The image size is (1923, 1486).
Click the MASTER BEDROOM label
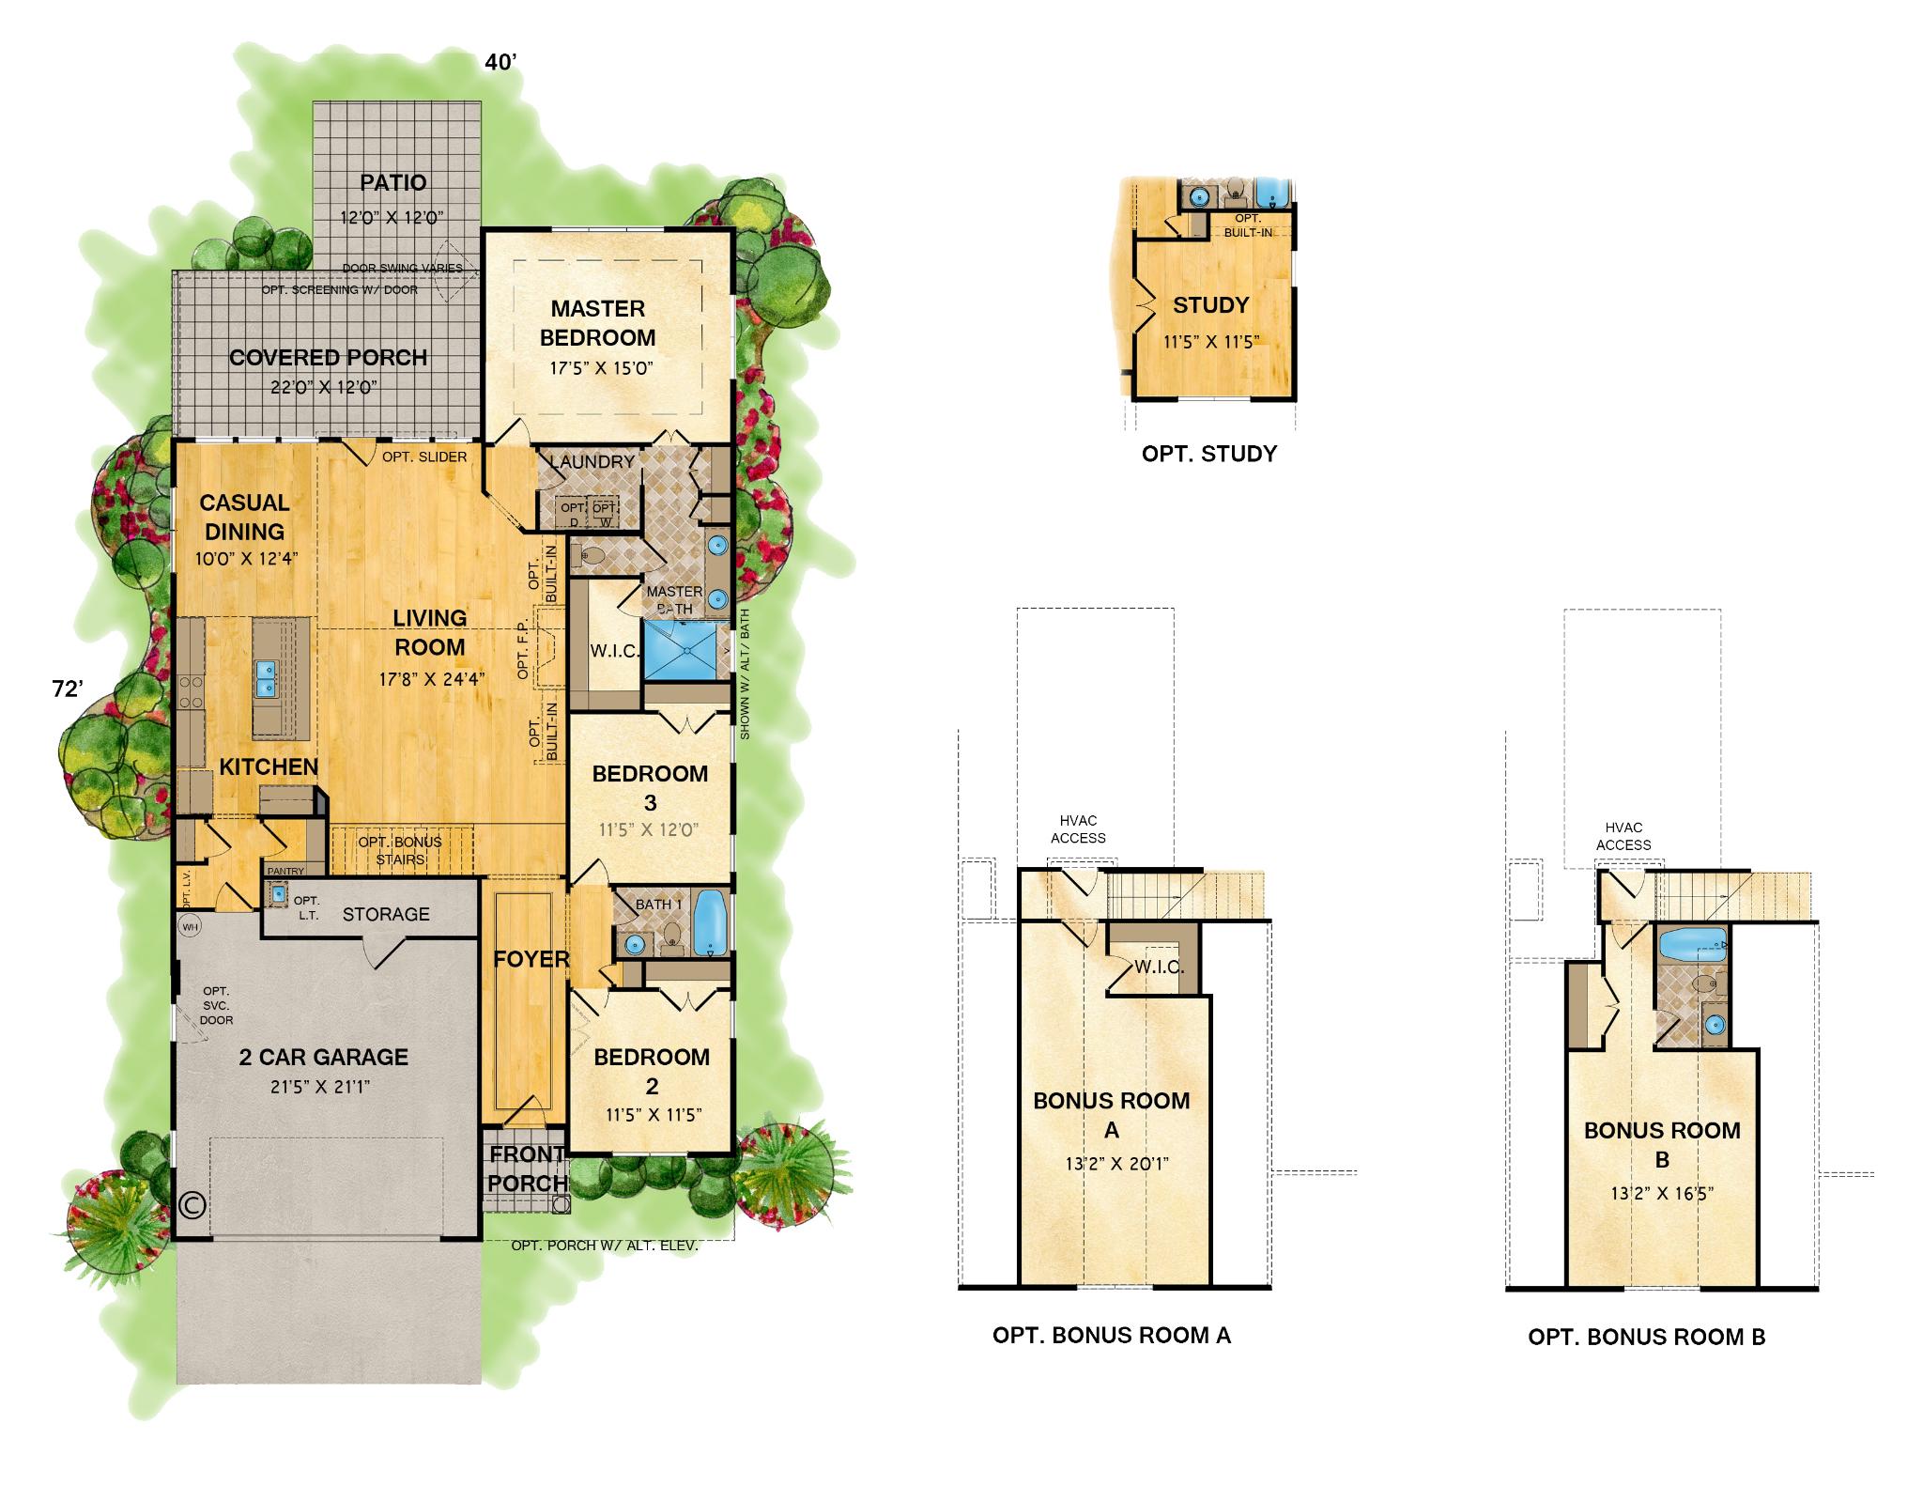597,323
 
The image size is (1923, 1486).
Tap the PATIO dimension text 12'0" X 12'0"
392,217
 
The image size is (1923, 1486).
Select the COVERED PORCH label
328,358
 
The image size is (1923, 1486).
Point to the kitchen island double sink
266,678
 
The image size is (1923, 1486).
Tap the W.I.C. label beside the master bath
614,651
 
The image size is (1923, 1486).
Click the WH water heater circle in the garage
190,927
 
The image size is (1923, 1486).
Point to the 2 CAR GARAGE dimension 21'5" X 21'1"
323,1087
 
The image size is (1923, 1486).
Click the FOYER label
531,959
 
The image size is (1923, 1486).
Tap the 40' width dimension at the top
500,63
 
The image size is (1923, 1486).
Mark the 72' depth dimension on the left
68,689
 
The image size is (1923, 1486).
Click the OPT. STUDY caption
1209,454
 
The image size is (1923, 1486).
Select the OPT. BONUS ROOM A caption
1112,1335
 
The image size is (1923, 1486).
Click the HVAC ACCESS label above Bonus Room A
1078,829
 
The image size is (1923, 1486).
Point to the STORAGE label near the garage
386,914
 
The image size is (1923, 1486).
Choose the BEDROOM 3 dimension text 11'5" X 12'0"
650,829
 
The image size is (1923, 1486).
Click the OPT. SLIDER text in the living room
424,457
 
